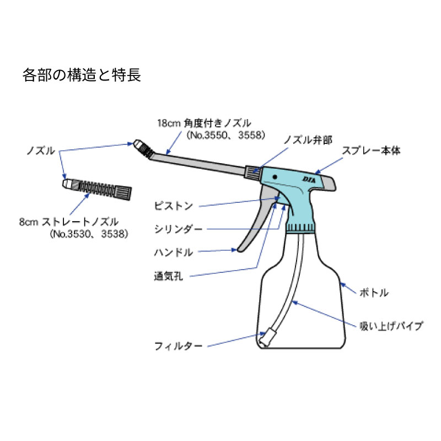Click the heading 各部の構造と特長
(x=82, y=75)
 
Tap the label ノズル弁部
(x=308, y=141)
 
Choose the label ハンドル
(x=174, y=252)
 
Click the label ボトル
(x=374, y=292)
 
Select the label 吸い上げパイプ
(x=391, y=326)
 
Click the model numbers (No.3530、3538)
(x=89, y=234)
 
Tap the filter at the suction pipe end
(x=268, y=336)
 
